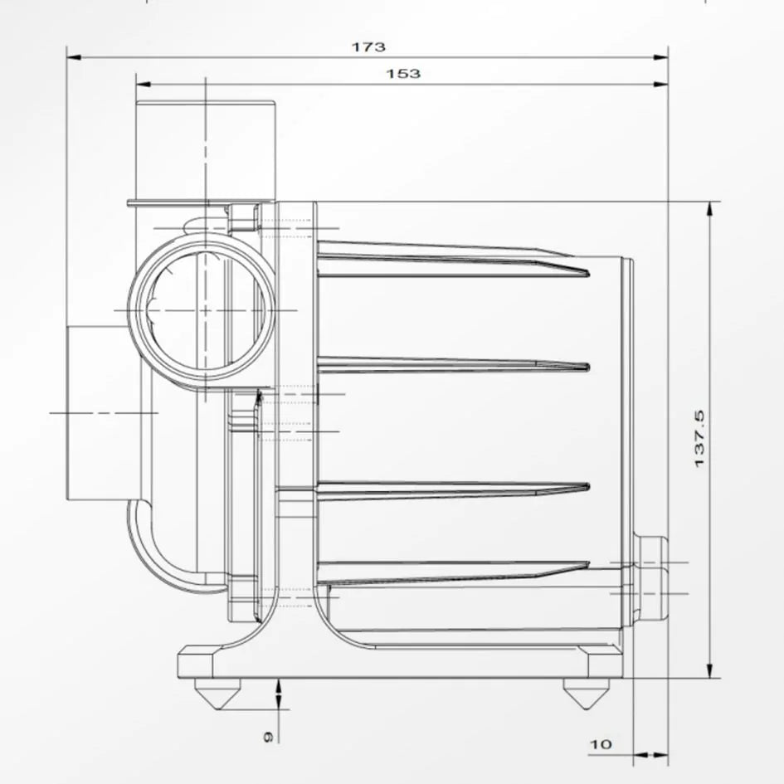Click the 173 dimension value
tap(368, 47)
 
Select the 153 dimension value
tap(403, 74)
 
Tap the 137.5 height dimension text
tap(699, 437)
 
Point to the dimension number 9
tap(267, 736)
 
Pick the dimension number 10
tap(601, 744)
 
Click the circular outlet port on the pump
tap(202, 309)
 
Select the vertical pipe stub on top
tap(205, 149)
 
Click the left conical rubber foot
tap(217, 693)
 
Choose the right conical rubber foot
tap(583, 693)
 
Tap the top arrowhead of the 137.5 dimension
tap(709, 207)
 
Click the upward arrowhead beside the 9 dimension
tap(279, 684)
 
